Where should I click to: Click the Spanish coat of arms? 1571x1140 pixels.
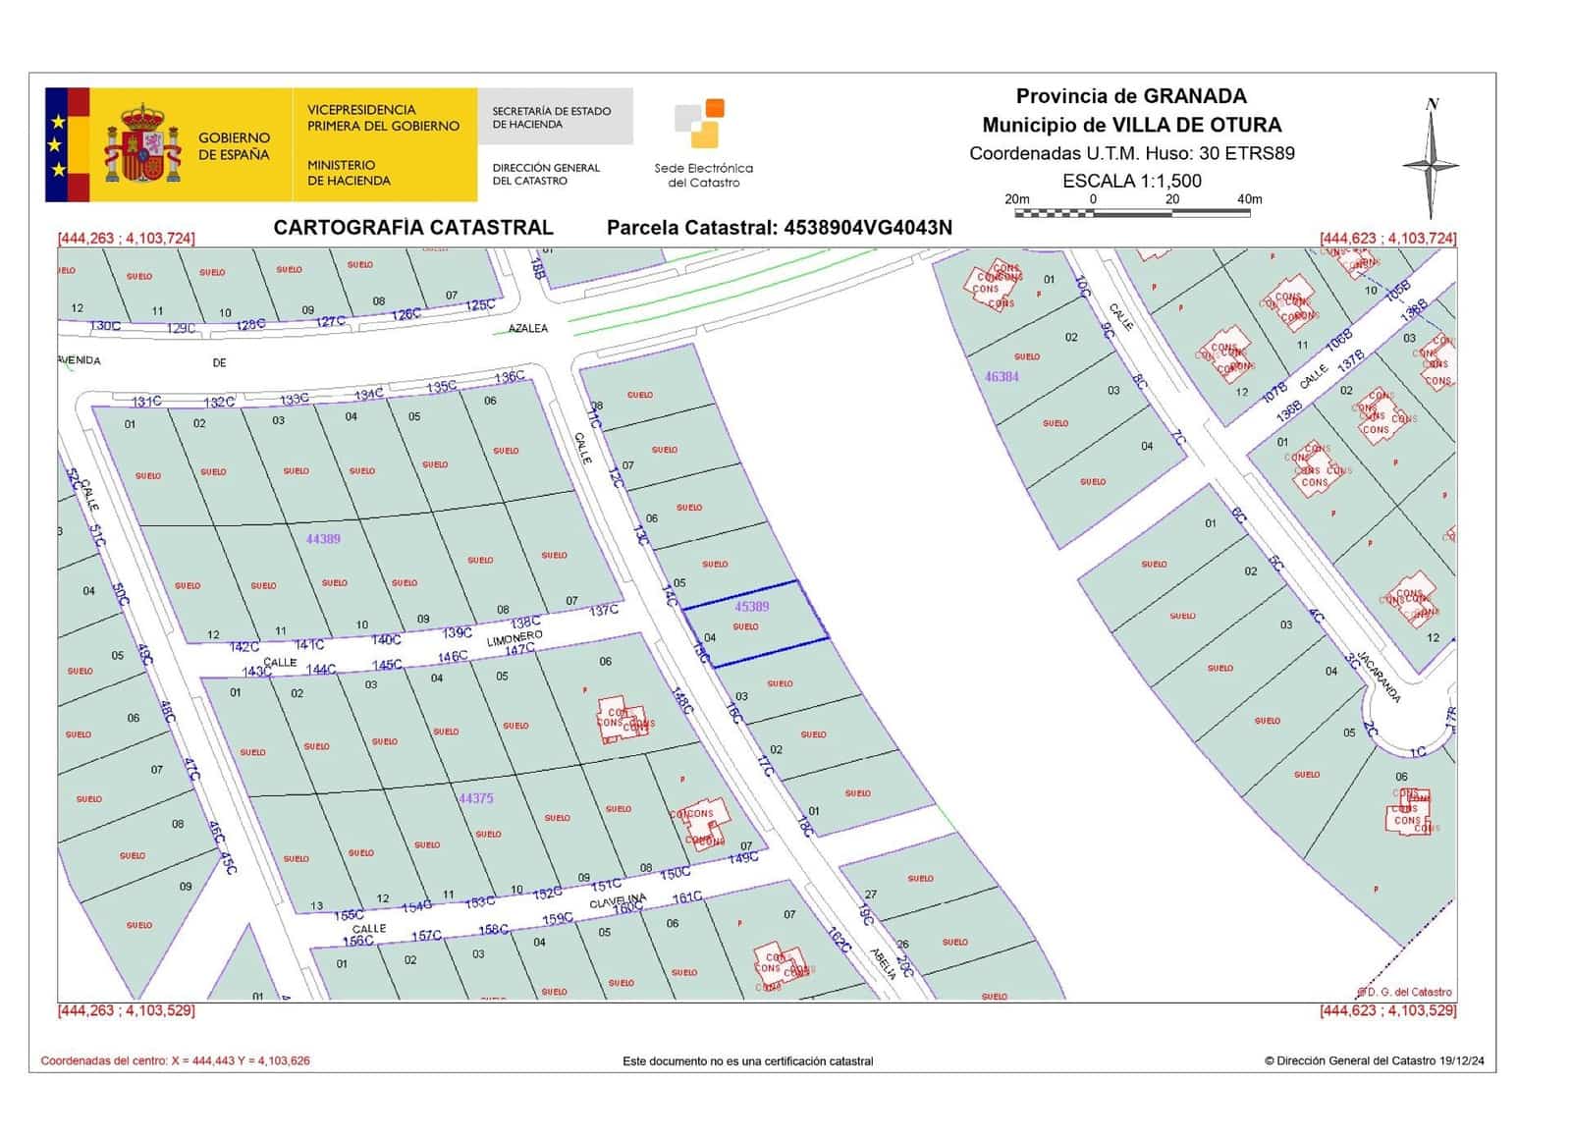[x=143, y=145]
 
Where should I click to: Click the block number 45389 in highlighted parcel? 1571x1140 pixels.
[x=752, y=607]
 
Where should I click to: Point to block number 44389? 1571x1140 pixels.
[x=323, y=539]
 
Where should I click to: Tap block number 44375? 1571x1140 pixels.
[x=476, y=798]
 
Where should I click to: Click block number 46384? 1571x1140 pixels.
[x=1002, y=376]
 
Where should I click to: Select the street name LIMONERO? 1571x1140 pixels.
[x=515, y=639]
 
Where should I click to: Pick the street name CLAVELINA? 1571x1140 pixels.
[x=618, y=900]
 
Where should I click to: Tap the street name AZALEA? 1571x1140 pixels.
[x=528, y=328]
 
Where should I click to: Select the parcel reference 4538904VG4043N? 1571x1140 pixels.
[x=867, y=228]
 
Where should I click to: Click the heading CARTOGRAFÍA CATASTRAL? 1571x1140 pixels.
[x=413, y=228]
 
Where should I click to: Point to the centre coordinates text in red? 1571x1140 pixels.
[x=175, y=1060]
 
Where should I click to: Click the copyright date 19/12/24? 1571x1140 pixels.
[x=1462, y=1060]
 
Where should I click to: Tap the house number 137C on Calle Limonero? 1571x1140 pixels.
[x=604, y=611]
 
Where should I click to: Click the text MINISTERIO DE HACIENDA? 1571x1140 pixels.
[x=349, y=173]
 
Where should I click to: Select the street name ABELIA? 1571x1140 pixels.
[x=884, y=963]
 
